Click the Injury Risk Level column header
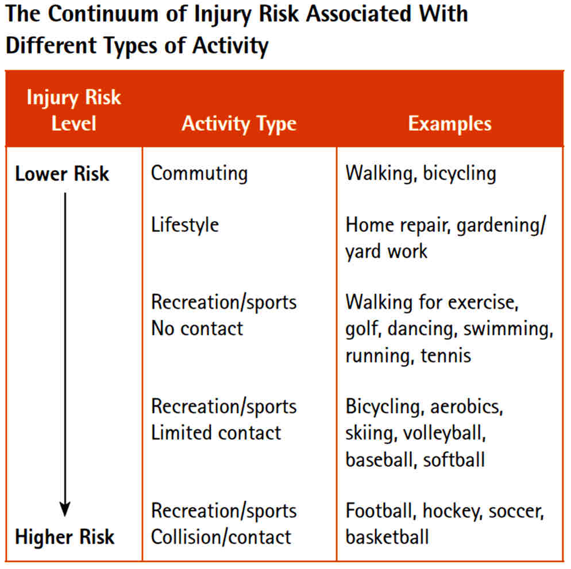tap(74, 110)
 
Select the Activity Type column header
tap(239, 124)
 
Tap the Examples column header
tap(450, 123)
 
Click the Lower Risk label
tap(62, 173)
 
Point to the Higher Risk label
tap(64, 537)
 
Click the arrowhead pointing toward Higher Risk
tap(65, 509)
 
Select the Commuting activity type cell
tap(199, 173)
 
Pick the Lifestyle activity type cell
tap(185, 225)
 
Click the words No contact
tap(197, 328)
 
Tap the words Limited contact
tap(216, 433)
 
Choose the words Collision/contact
tap(221, 537)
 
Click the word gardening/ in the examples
tap(501, 226)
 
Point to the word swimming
tap(508, 330)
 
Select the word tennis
tap(446, 355)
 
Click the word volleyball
tap(445, 433)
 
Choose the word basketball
tap(387, 537)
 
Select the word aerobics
tap(466, 407)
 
